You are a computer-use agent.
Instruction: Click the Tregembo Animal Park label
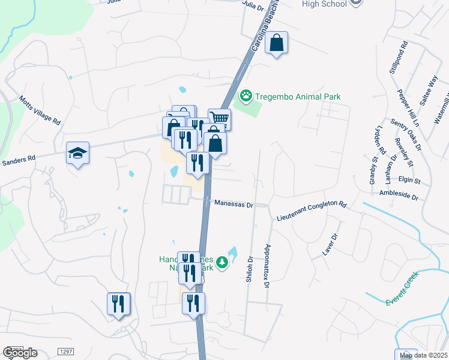298,97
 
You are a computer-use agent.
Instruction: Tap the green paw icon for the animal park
246,96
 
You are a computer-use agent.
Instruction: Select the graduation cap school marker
77,153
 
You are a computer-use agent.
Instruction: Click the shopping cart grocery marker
220,119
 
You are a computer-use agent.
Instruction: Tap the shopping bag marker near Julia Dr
276,43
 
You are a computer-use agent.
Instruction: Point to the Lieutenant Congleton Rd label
312,212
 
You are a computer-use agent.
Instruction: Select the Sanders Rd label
19,160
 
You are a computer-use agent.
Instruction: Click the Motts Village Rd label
40,110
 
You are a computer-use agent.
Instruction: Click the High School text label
324,4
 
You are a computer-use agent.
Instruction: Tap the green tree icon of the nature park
222,262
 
